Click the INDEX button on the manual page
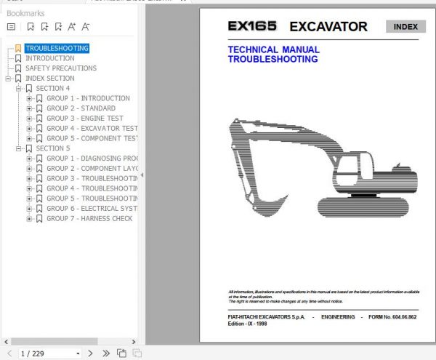405,28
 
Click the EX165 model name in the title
252,27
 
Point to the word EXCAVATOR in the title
328,28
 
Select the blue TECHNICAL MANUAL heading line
273,50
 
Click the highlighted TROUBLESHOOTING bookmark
57,48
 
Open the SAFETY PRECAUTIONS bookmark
61,68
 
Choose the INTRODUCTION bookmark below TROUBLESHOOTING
49,58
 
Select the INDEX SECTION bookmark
49,79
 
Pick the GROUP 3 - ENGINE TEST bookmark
85,119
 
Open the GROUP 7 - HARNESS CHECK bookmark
89,218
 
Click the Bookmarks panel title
25,13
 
